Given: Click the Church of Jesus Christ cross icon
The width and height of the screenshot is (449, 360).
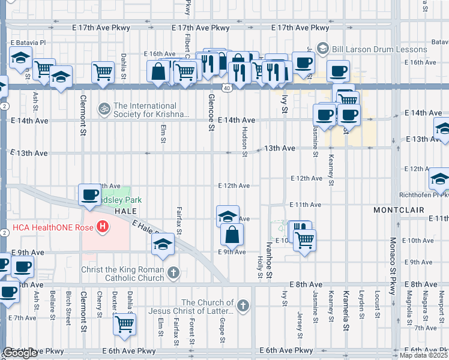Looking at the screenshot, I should (243, 307).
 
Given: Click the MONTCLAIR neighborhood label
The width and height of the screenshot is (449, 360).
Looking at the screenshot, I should (399, 210).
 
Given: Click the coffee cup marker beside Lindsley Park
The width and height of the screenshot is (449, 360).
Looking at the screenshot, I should (90, 194).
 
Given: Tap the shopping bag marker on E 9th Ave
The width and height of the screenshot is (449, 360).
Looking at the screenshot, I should (232, 234).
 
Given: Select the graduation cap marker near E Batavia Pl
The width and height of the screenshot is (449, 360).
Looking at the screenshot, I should (21, 59).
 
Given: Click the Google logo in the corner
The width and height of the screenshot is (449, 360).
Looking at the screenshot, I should (20, 353).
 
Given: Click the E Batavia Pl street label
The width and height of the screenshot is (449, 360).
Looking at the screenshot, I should (28, 43).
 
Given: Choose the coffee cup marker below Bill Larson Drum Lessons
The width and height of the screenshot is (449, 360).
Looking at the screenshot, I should (337, 71).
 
